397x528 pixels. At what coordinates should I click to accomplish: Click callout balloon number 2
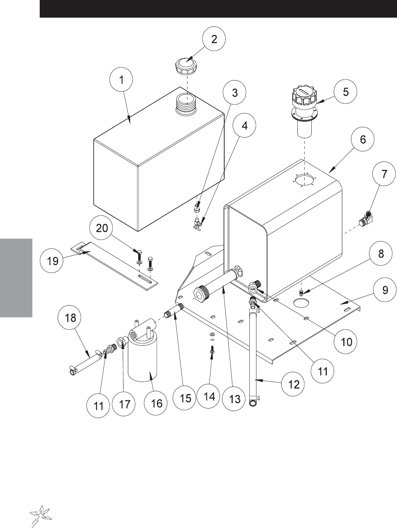pyautogui.click(x=214, y=39)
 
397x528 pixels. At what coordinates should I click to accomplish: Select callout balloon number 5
pyautogui.click(x=346, y=92)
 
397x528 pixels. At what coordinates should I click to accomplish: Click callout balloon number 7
pyautogui.click(x=384, y=174)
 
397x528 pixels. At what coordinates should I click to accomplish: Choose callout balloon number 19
pyautogui.click(x=53, y=261)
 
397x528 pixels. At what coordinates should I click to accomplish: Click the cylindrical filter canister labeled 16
pyautogui.click(x=142, y=360)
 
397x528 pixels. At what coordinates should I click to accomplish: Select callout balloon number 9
pyautogui.click(x=385, y=290)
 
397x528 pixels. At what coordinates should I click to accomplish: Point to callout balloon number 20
pyautogui.click(x=102, y=228)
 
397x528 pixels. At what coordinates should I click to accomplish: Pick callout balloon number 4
pyautogui.click(x=244, y=125)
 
